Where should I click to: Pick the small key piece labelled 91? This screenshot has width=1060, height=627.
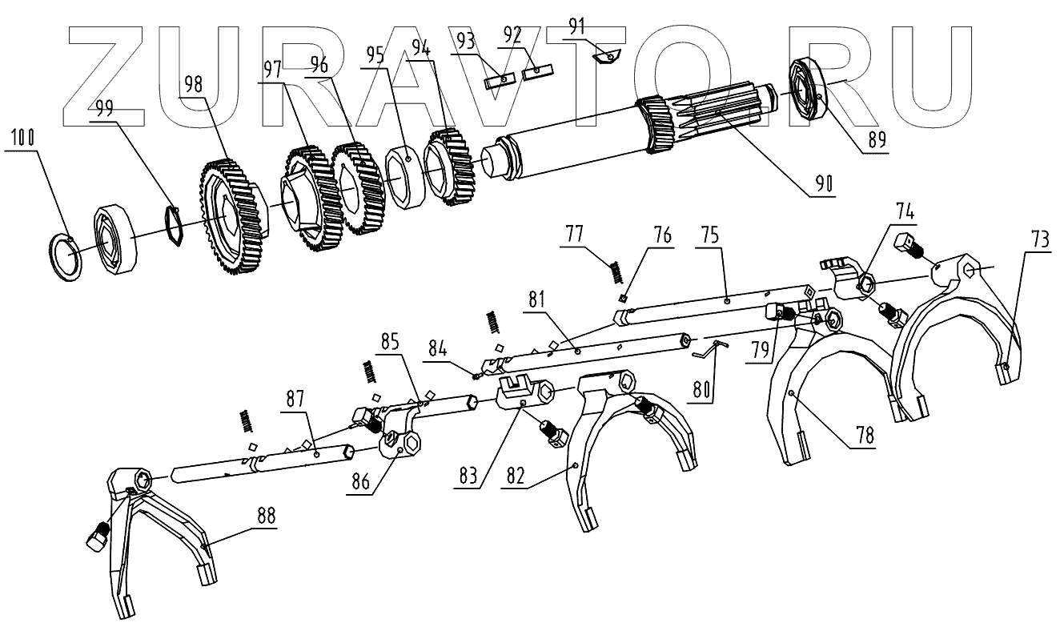pos(607,55)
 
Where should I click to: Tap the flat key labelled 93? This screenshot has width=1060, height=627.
pos(498,78)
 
